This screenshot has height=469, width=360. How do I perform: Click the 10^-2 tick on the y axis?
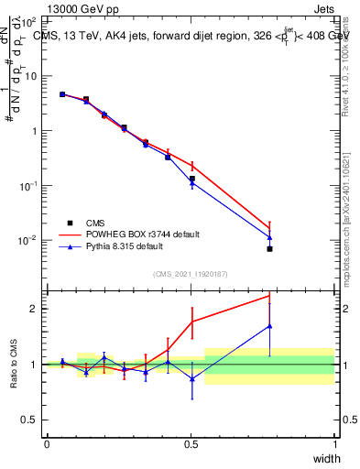[26, 240]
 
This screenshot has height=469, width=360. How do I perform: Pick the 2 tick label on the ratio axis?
[34, 309]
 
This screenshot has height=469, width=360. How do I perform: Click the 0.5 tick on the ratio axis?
[29, 420]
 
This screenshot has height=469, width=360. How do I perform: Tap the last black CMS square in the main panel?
[269, 248]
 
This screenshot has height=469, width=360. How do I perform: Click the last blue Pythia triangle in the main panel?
[269, 237]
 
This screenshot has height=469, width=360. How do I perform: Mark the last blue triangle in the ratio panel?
[269, 326]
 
